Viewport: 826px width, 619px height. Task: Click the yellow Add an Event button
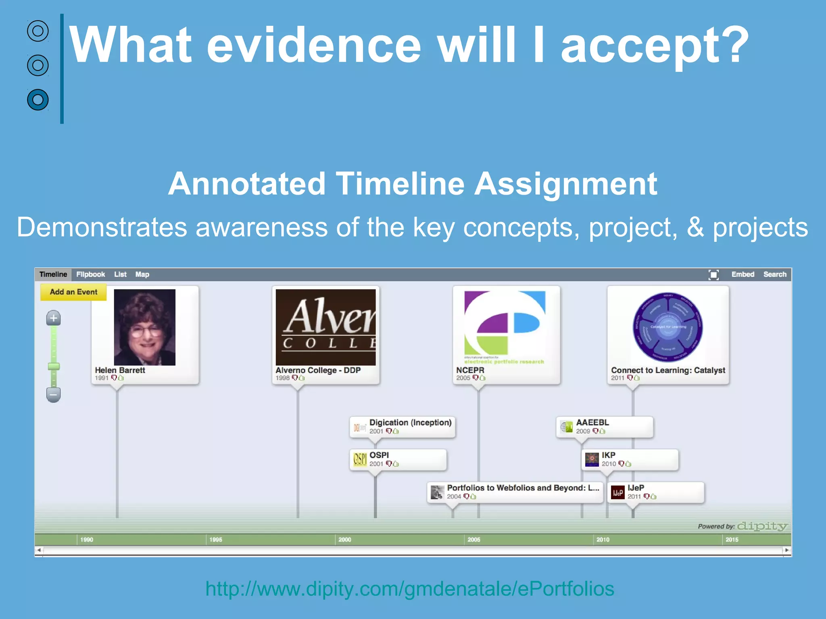(73, 292)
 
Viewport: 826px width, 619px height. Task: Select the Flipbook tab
(90, 274)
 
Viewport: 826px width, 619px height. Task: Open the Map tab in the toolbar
(142, 274)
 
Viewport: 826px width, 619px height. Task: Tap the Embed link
(743, 274)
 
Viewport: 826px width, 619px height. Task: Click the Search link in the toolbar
(775, 274)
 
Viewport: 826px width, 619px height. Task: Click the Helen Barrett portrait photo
(144, 327)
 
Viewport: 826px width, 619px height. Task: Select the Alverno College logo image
(325, 327)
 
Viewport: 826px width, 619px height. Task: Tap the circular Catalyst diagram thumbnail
(667, 327)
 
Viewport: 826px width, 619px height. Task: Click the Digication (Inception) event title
(410, 422)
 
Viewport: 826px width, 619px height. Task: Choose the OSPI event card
(398, 460)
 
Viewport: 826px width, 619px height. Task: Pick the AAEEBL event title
(592, 422)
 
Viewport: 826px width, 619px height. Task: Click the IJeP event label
(636, 488)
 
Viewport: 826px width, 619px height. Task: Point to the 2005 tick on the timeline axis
(473, 540)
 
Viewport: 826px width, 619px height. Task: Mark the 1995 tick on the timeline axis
(215, 540)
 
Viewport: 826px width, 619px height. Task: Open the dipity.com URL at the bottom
(409, 589)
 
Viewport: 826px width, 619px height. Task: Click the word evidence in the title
(314, 45)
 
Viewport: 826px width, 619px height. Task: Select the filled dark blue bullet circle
(38, 100)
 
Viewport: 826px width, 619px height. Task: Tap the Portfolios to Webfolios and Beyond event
(523, 488)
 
